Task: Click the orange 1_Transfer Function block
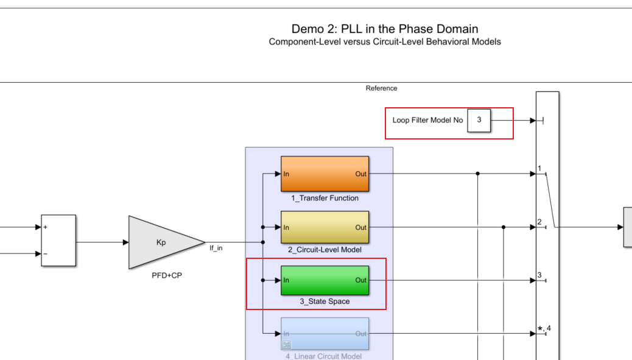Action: (x=325, y=174)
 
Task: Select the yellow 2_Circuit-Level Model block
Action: (x=325, y=227)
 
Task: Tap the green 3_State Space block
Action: (x=325, y=280)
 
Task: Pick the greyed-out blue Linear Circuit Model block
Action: (x=325, y=334)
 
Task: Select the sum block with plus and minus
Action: (x=58, y=241)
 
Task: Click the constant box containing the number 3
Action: (x=479, y=120)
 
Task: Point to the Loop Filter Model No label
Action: (x=427, y=121)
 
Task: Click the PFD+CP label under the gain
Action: (x=166, y=275)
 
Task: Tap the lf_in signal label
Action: (x=216, y=248)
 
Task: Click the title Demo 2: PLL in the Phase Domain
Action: (x=385, y=29)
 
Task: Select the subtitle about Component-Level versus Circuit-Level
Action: (x=385, y=42)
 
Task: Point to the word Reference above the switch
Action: (x=381, y=88)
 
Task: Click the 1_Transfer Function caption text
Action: (x=325, y=198)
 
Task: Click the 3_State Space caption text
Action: (x=325, y=302)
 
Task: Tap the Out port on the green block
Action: (x=361, y=280)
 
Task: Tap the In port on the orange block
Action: (x=286, y=174)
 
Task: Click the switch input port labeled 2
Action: (x=539, y=222)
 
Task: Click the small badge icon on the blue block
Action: (x=286, y=344)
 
